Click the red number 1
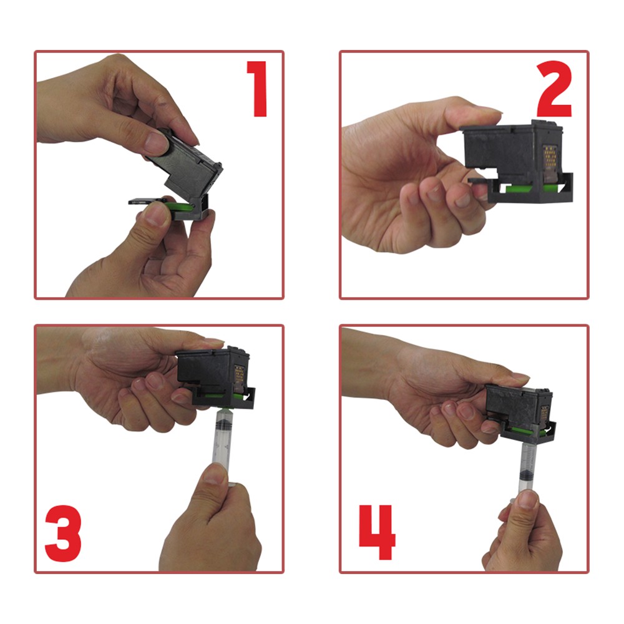point(258,89)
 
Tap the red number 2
point(554,89)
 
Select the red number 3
point(63,534)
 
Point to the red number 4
point(378,532)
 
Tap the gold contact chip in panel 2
point(550,158)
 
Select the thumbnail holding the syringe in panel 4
point(527,499)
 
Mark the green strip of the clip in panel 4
point(525,430)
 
